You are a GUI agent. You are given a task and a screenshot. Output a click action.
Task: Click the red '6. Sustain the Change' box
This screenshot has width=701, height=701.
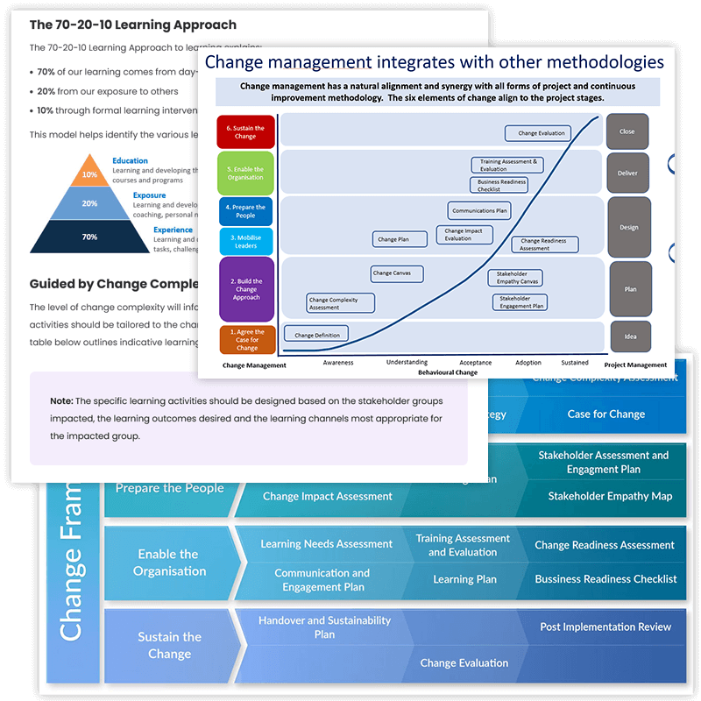[x=246, y=131]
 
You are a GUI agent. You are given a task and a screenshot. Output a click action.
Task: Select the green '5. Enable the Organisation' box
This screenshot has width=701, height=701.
[x=246, y=173]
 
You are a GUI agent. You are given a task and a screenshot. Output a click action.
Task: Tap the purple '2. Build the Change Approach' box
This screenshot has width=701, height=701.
[x=246, y=289]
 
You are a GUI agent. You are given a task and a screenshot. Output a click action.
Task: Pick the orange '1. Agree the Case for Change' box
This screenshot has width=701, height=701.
[x=246, y=338]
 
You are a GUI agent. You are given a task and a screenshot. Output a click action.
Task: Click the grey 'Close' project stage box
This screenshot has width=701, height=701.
[x=627, y=131]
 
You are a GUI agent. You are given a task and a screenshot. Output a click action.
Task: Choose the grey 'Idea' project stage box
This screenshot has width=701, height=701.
[x=627, y=336]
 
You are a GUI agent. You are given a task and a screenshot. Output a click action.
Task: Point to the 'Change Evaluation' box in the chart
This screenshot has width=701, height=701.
[x=538, y=133]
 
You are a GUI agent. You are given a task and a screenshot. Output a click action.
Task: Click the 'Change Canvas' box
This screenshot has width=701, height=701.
[x=397, y=273]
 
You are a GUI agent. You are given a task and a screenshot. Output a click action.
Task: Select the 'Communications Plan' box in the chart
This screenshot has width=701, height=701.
[x=479, y=211]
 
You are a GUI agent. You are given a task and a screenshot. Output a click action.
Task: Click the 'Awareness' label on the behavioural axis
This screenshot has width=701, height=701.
[x=338, y=363]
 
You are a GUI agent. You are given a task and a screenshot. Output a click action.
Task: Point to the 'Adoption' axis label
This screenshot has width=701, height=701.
[x=528, y=363]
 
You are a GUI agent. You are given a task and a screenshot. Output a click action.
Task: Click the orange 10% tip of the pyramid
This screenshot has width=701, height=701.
[x=89, y=174]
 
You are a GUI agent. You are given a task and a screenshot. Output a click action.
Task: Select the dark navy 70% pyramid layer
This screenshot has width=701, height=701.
[x=89, y=237]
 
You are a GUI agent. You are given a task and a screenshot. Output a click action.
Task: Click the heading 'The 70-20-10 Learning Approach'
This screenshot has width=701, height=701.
[x=133, y=25]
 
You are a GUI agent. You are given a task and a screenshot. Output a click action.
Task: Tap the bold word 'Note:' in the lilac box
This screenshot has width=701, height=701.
[x=61, y=400]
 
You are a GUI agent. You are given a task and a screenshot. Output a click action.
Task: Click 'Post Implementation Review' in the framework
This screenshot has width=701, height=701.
[x=605, y=627]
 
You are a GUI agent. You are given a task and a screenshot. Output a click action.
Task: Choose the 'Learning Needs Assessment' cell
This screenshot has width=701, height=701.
[x=326, y=544]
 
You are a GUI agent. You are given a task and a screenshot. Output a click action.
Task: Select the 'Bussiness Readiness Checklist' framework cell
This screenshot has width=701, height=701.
[x=605, y=579]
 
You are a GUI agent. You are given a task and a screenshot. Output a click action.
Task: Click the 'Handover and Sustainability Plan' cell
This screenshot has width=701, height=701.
[x=324, y=627]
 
